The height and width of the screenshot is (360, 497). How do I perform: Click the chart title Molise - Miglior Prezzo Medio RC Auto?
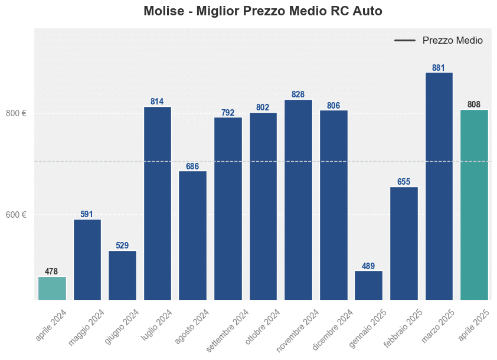(263, 11)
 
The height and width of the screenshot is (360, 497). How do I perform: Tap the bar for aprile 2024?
(52, 288)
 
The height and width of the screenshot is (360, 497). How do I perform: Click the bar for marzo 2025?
(439, 186)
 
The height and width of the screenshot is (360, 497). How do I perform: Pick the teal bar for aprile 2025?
(474, 205)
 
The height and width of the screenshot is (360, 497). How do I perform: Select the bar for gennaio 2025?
(368, 285)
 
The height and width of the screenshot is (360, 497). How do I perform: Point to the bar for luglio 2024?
(157, 203)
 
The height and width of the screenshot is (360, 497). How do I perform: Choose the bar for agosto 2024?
(192, 235)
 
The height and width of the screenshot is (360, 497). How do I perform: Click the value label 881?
(439, 68)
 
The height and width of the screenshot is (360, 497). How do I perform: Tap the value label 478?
(51, 271)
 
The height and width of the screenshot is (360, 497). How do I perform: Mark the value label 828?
(298, 94)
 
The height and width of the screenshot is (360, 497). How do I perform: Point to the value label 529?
(122, 246)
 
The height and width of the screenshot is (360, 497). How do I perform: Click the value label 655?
(404, 182)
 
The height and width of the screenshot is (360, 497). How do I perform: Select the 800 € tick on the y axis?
(17, 113)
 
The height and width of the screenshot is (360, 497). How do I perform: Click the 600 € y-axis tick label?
(17, 215)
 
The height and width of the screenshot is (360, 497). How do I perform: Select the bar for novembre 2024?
(298, 199)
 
